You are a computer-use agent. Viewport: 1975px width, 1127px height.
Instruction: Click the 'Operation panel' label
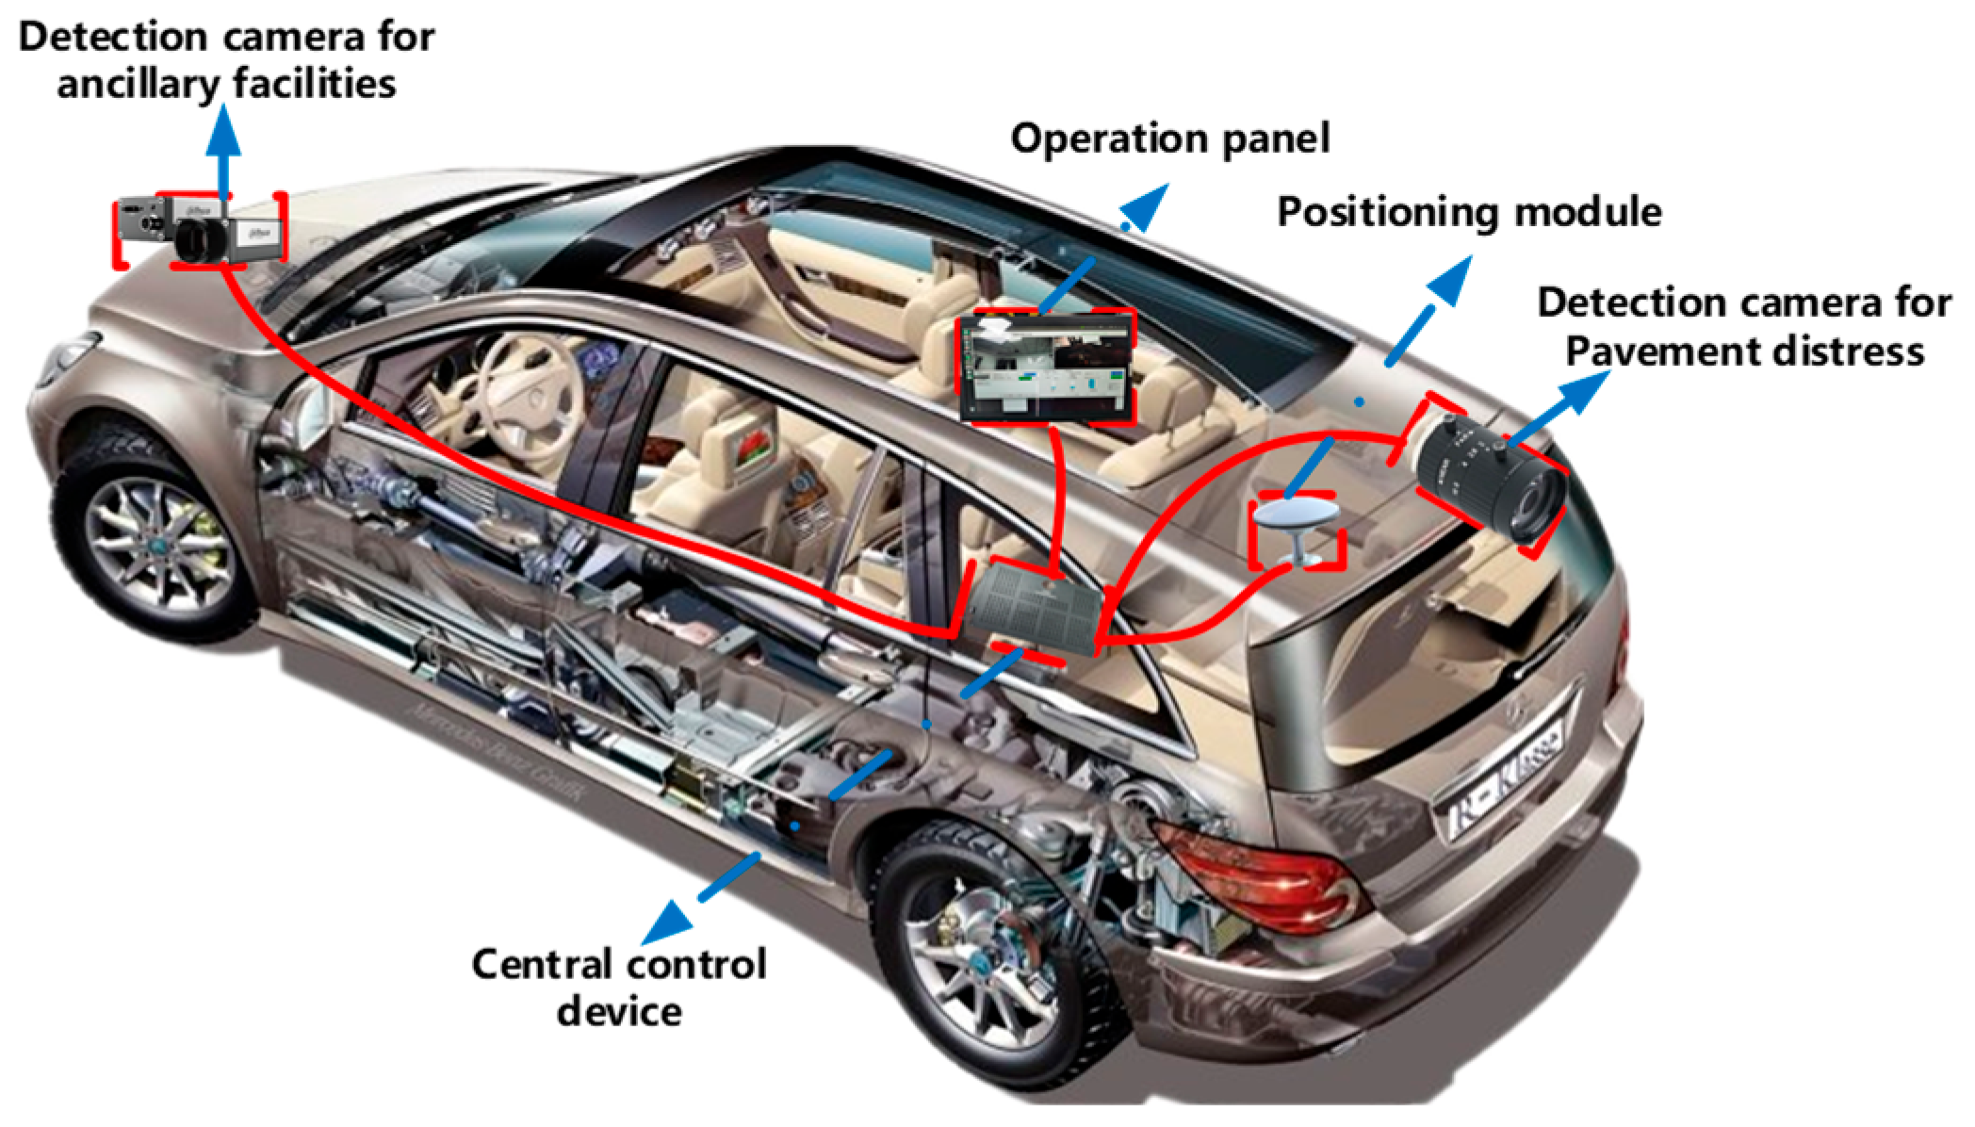[1169, 139]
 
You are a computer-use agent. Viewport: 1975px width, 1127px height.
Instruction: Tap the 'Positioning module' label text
[1468, 212]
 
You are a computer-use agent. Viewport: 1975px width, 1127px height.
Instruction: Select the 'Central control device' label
[618, 987]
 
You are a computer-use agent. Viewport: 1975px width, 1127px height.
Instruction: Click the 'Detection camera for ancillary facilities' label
[226, 60]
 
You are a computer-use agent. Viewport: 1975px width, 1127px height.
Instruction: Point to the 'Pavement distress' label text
[1744, 351]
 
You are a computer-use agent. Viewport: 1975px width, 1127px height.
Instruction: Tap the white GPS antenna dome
[1295, 516]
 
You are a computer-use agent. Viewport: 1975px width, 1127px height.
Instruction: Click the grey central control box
[1035, 606]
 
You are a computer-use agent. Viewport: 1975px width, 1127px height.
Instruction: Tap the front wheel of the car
[155, 547]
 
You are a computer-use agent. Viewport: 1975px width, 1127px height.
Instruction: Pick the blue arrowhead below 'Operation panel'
[1146, 205]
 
